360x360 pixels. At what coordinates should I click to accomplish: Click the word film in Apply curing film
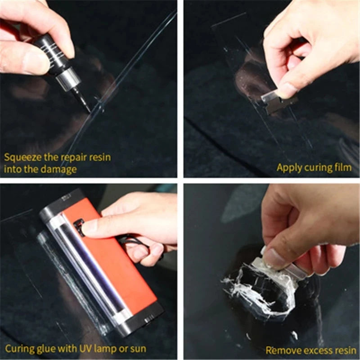342,168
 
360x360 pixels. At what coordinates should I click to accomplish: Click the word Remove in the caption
280,350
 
